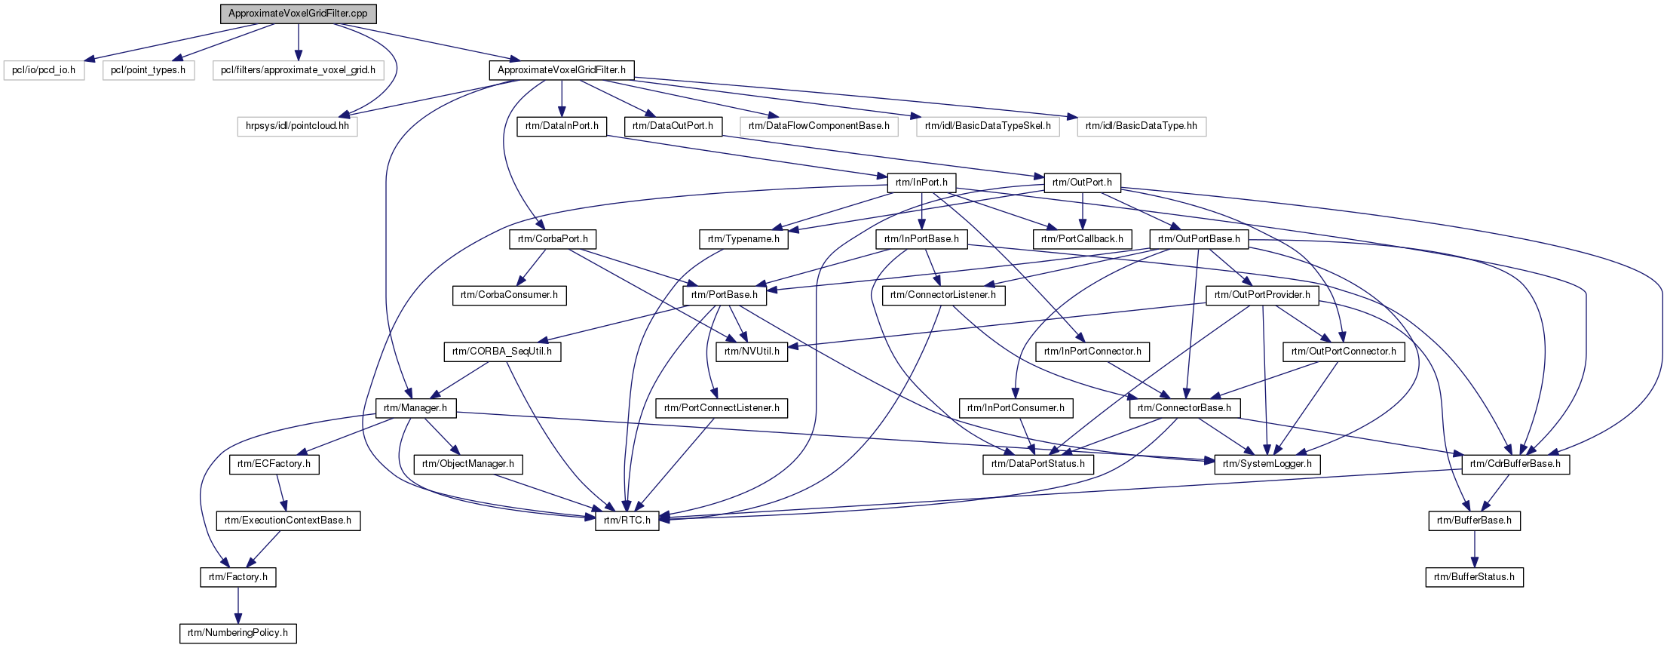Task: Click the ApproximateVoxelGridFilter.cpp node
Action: (299, 14)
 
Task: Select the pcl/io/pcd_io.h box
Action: (44, 70)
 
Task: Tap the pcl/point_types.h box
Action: (148, 70)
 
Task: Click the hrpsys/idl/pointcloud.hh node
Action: (298, 126)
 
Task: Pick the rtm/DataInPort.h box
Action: (562, 126)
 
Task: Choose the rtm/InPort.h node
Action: (921, 183)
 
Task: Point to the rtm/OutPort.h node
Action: (1082, 183)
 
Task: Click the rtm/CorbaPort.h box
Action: (553, 239)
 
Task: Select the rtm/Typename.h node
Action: (743, 239)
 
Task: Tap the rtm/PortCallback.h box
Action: (1082, 239)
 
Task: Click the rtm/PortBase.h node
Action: (725, 295)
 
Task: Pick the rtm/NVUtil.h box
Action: (752, 352)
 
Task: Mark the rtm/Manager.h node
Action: (415, 408)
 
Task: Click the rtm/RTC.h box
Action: (627, 521)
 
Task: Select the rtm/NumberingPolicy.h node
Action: (237, 633)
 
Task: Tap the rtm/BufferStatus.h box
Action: (1474, 577)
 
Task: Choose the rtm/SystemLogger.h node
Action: (1267, 464)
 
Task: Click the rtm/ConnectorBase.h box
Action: (1184, 408)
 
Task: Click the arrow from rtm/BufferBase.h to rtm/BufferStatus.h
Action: (1475, 548)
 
